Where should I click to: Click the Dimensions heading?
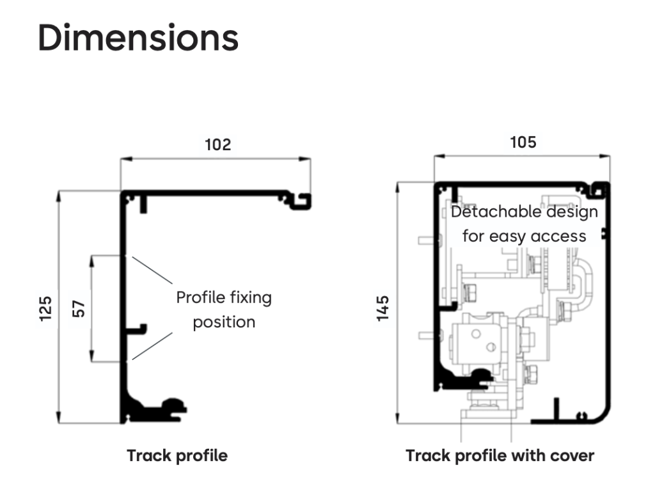pyautogui.click(x=138, y=38)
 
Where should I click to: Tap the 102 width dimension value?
pyautogui.click(x=217, y=145)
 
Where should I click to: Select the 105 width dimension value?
pyautogui.click(x=523, y=142)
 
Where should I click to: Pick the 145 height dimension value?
pyautogui.click(x=383, y=308)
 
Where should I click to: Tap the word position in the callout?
pyautogui.click(x=224, y=322)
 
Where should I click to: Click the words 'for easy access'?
pyautogui.click(x=524, y=236)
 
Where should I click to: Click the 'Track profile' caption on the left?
pyautogui.click(x=177, y=456)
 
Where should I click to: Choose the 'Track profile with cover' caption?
pyautogui.click(x=500, y=456)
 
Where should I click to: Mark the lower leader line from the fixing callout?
pyautogui.click(x=152, y=347)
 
